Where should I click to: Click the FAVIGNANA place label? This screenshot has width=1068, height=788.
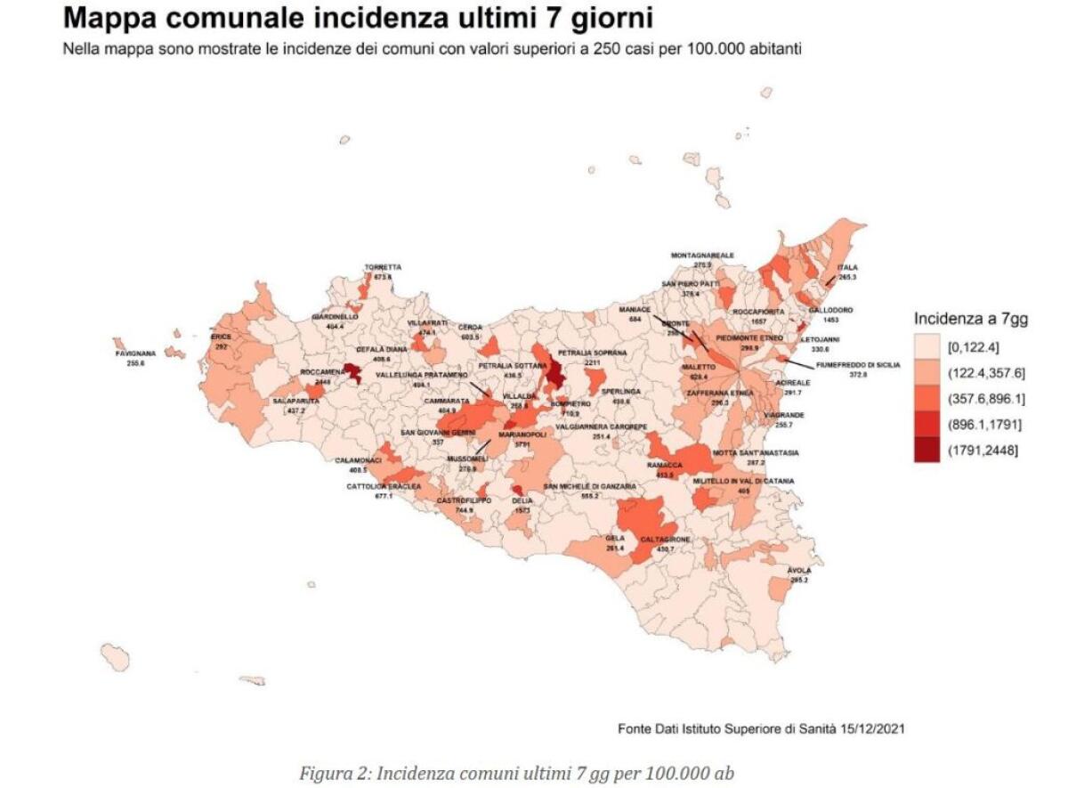click(135, 353)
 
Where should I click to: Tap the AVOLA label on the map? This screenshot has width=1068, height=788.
click(799, 570)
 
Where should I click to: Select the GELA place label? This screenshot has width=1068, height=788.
click(614, 539)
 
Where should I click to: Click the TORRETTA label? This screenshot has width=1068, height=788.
click(383, 267)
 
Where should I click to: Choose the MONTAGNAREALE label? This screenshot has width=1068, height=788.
click(702, 256)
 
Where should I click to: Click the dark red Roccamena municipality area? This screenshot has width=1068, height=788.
click(352, 372)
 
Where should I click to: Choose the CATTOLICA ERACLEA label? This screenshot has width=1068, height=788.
click(384, 487)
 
